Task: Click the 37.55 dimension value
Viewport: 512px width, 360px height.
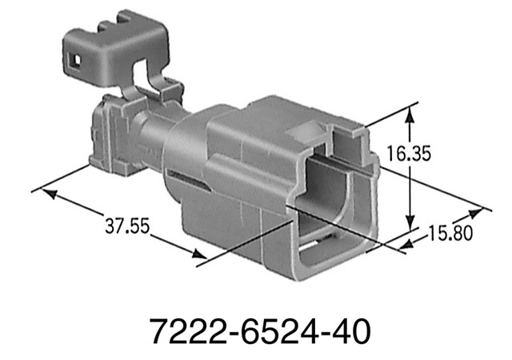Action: (127, 226)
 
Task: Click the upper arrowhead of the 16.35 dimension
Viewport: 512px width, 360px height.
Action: (410, 114)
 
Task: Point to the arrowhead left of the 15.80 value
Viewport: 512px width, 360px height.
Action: (408, 243)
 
